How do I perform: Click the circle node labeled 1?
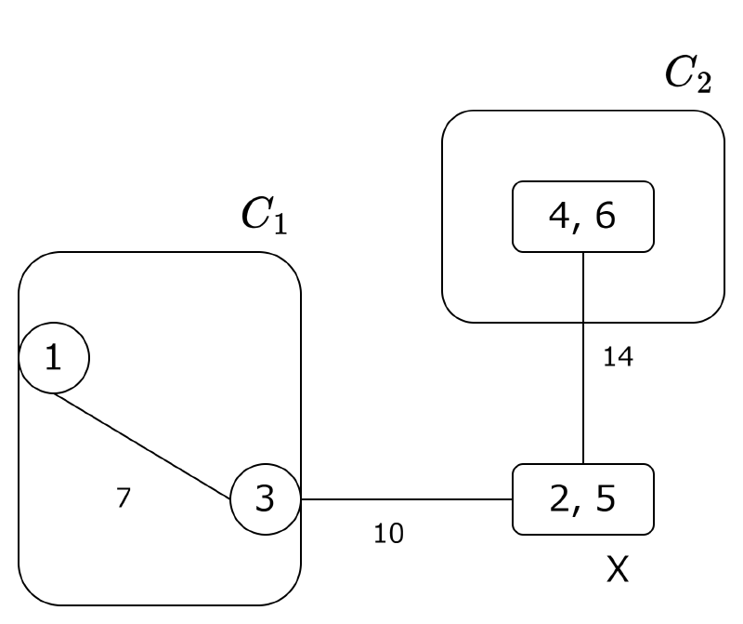click(54, 358)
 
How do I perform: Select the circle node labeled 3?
click(265, 499)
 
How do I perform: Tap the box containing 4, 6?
click(583, 217)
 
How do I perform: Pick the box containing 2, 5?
click(583, 499)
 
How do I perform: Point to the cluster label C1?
click(263, 214)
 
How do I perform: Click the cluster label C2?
click(688, 73)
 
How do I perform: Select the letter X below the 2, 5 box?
click(618, 569)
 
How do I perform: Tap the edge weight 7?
click(124, 498)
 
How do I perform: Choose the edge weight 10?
click(389, 534)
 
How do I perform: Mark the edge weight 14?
click(618, 356)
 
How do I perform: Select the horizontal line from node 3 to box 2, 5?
click(406, 499)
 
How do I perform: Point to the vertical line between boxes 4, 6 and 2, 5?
click(582, 391)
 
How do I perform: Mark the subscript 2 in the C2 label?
click(704, 83)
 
